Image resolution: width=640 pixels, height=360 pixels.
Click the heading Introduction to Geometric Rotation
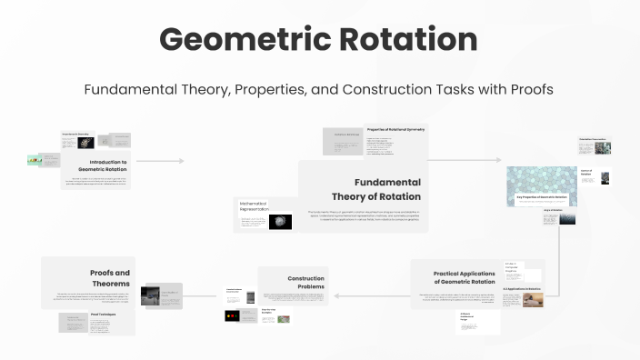coord(103,166)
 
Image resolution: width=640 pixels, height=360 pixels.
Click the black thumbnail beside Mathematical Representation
coord(280,221)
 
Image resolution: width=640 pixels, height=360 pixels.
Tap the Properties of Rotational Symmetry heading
coord(395,130)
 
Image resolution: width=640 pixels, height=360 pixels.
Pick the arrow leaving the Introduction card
coord(159,161)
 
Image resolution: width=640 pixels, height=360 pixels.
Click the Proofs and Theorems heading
coord(110,278)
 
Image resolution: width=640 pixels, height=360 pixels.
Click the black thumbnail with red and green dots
coord(235,315)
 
